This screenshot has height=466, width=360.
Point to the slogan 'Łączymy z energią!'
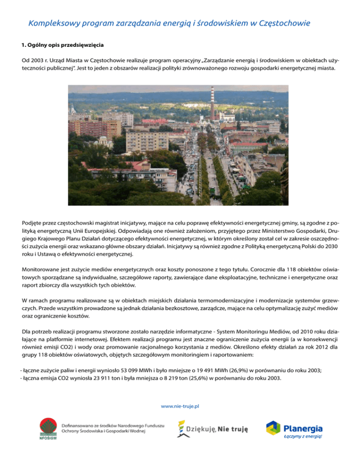click(303, 437)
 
